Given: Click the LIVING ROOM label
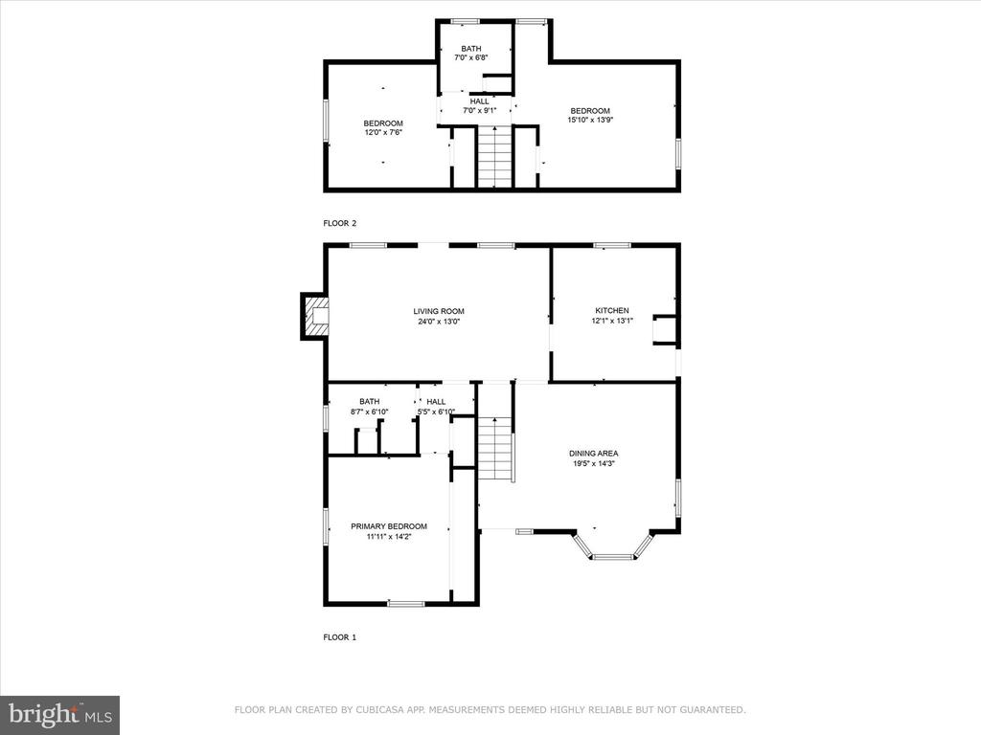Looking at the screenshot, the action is click(x=439, y=311).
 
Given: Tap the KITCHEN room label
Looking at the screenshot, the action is click(x=612, y=311).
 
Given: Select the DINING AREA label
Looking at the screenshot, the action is click(x=594, y=453).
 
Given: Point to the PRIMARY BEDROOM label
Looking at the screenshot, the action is click(x=389, y=526).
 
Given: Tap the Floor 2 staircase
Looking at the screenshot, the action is click(x=495, y=156).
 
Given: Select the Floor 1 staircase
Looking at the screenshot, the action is click(x=495, y=448).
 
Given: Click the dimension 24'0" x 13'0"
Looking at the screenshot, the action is click(x=439, y=322).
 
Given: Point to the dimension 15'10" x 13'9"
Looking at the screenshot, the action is click(x=590, y=121).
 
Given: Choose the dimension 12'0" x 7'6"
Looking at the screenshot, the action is click(x=383, y=132).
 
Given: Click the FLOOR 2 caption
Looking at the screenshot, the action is click(x=340, y=223).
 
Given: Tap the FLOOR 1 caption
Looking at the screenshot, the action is click(x=340, y=637).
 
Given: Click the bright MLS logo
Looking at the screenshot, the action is click(x=60, y=715).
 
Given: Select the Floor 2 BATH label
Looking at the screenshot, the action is click(x=471, y=49).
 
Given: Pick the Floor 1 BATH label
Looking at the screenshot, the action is click(x=369, y=401).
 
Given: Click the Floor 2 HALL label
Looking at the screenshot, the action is click(x=479, y=101).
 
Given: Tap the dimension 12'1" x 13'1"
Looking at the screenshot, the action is click(x=612, y=322).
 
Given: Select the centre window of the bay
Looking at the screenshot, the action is click(x=613, y=556).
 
